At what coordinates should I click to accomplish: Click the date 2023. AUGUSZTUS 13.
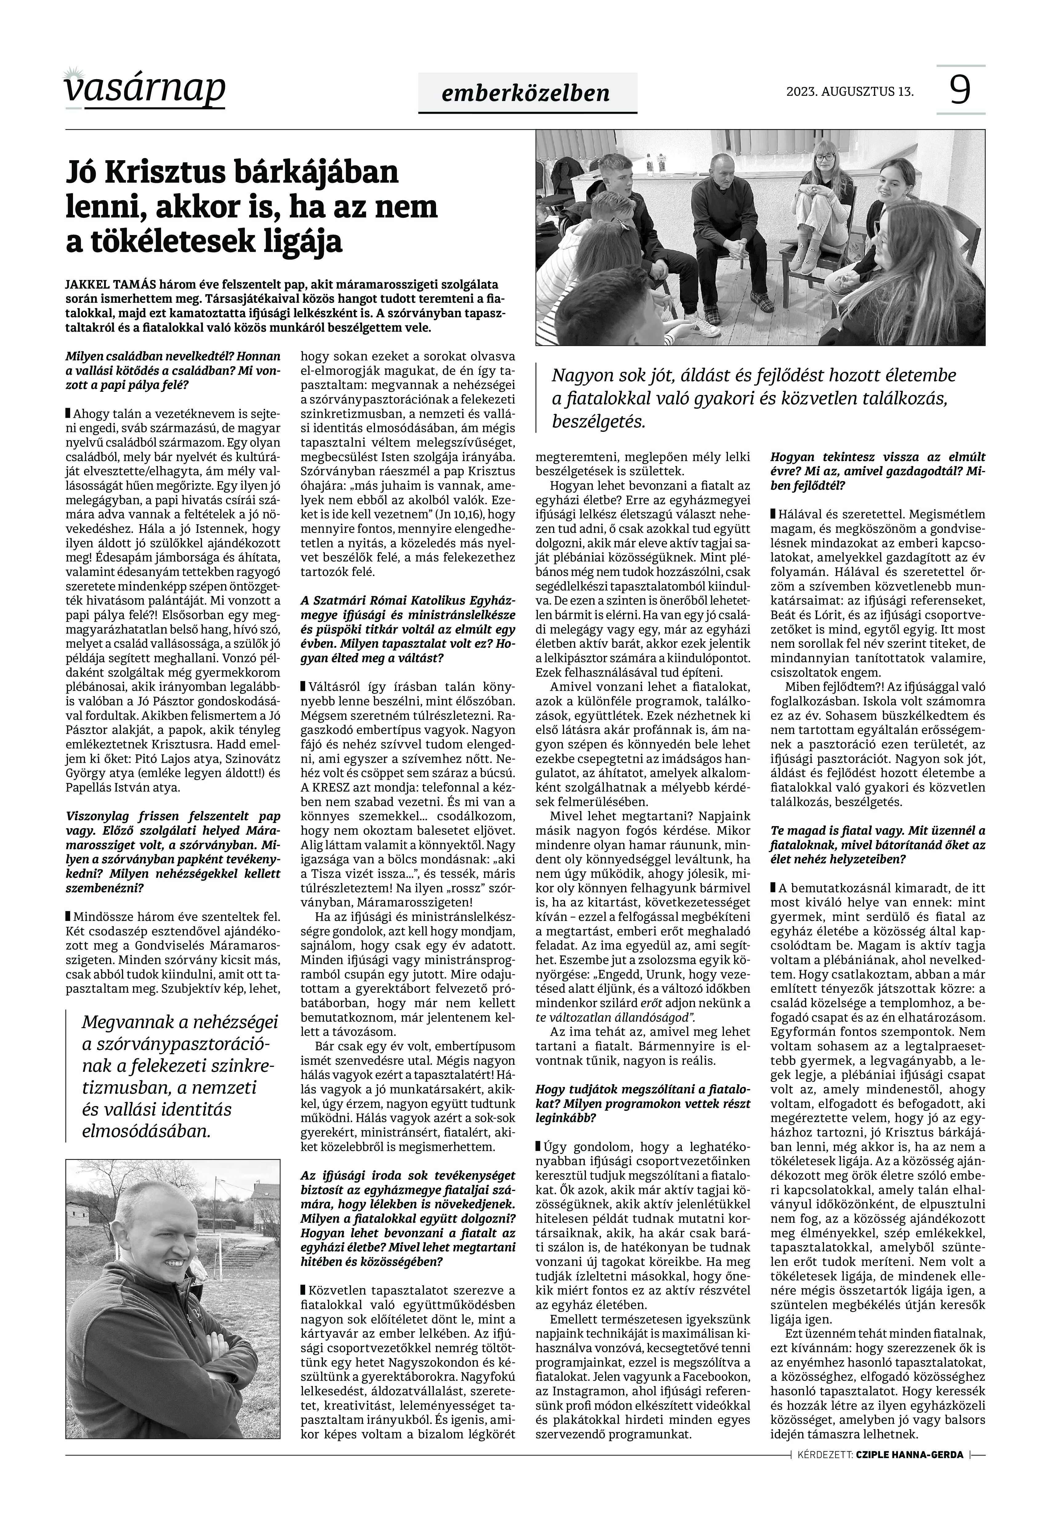(x=850, y=91)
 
